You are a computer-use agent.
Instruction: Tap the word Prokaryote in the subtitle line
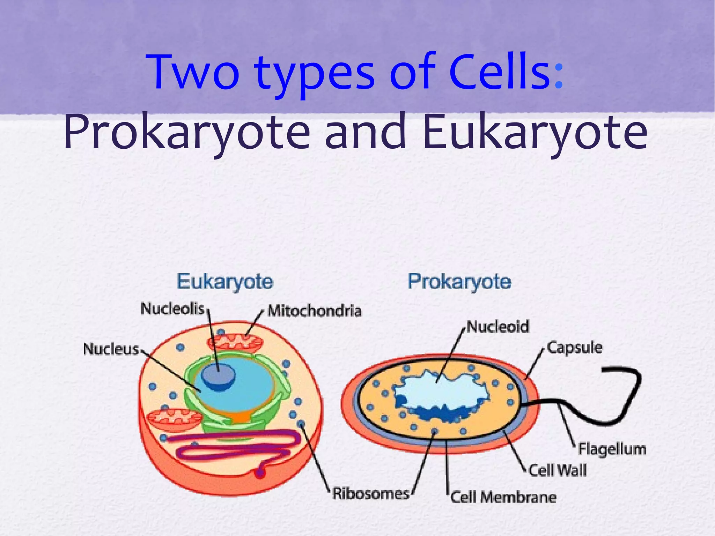(x=186, y=133)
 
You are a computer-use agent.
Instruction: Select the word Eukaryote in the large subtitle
(x=535, y=133)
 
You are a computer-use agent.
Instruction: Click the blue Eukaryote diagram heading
(x=225, y=281)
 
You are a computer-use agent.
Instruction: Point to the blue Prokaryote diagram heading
(x=459, y=281)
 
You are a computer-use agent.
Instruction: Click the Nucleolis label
(x=172, y=308)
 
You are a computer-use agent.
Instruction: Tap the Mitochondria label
(x=314, y=311)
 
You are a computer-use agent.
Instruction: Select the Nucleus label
(x=111, y=349)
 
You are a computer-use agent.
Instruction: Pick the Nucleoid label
(x=498, y=327)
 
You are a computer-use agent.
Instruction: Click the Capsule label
(x=575, y=348)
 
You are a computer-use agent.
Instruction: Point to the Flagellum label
(x=612, y=449)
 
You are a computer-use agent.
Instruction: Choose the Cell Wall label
(x=558, y=470)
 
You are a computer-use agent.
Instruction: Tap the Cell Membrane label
(x=503, y=497)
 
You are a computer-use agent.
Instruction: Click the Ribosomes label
(x=370, y=493)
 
